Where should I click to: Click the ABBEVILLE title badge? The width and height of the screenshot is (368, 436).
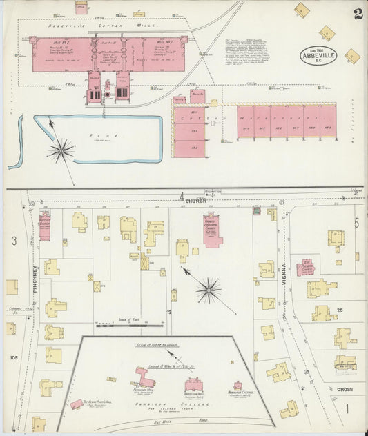pyautogui.click(x=318, y=55)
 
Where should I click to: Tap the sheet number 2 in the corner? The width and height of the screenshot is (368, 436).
pyautogui.click(x=358, y=14)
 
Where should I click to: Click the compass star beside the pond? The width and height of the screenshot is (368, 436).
pyautogui.click(x=61, y=149)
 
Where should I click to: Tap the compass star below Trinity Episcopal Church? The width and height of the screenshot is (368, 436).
pyautogui.click(x=208, y=290)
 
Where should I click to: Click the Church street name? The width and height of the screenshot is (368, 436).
pyautogui.click(x=196, y=201)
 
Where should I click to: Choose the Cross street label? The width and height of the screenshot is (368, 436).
pyautogui.click(x=345, y=390)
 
